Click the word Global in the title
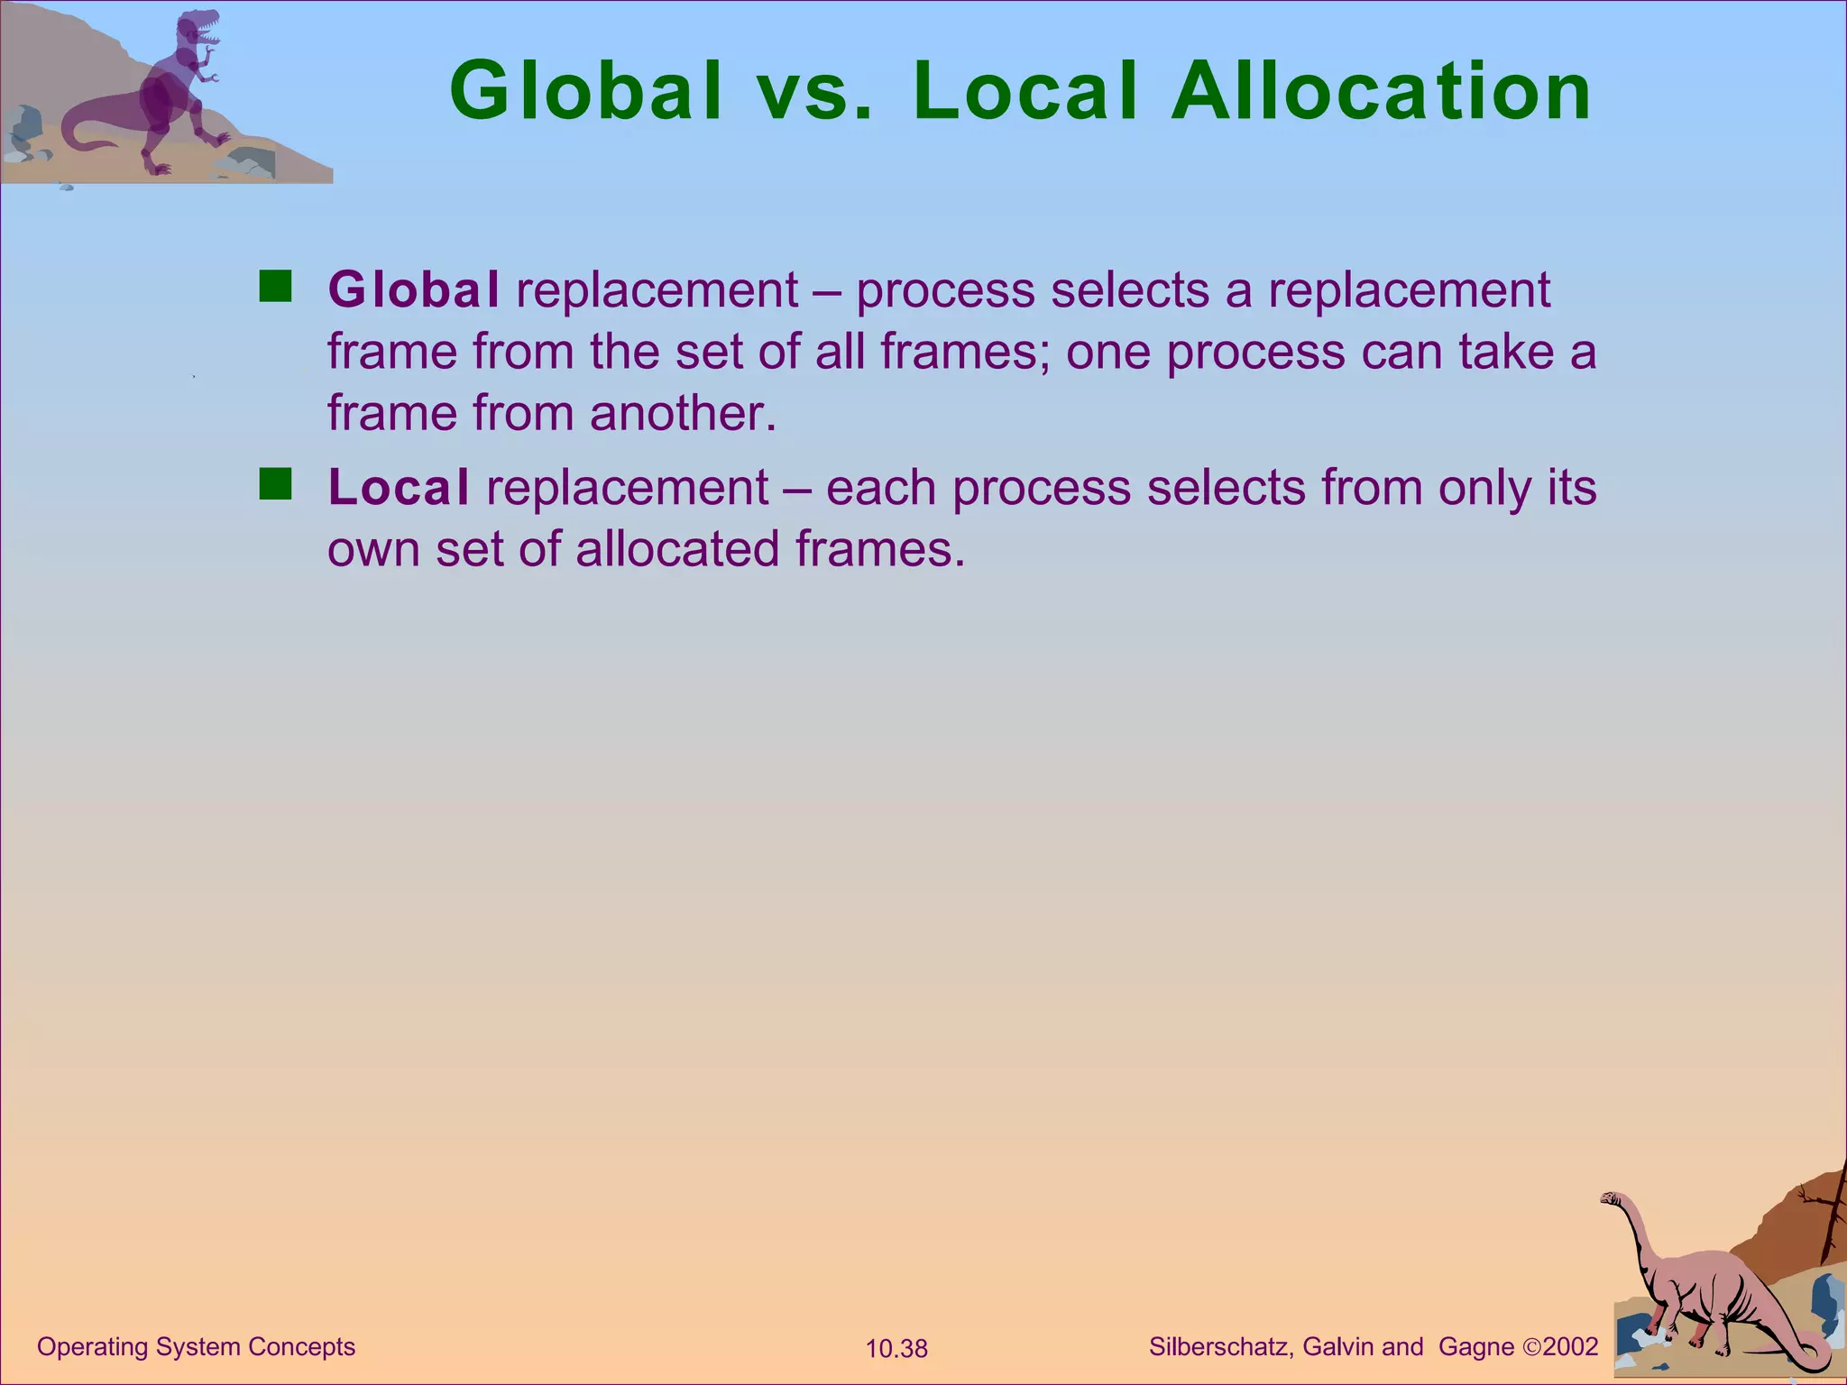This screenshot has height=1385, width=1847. (586, 91)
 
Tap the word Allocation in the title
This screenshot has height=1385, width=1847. (1382, 91)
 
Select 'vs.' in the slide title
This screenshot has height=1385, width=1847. (817, 93)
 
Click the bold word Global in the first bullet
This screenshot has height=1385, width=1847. (413, 289)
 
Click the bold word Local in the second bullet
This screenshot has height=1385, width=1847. (399, 487)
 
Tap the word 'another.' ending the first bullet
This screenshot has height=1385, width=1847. (683, 413)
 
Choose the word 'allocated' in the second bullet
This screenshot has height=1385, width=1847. (677, 548)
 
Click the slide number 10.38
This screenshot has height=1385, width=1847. (896, 1349)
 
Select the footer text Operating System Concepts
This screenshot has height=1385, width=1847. (196, 1347)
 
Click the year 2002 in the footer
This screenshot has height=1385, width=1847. (1570, 1347)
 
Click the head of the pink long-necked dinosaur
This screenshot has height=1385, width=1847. (1610, 1198)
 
